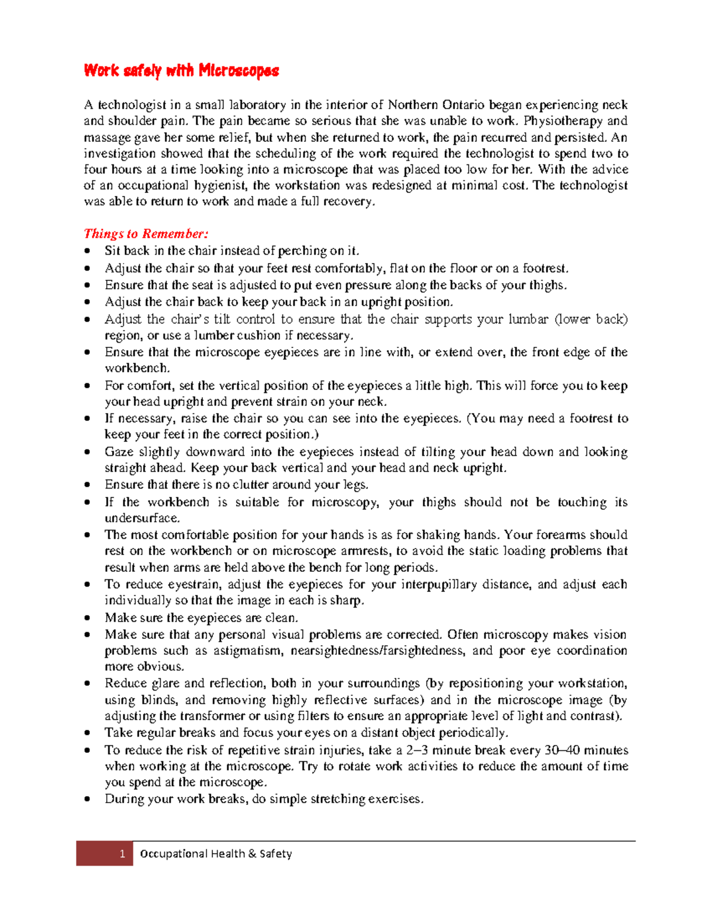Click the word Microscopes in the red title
click(x=239, y=71)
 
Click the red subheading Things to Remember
click(x=146, y=233)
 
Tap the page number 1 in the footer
click(x=122, y=854)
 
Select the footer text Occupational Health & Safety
click(x=216, y=854)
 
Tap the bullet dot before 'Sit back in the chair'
click(x=88, y=251)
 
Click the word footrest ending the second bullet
click(x=544, y=268)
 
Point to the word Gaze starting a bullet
click(x=119, y=452)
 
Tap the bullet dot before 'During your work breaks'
click(x=88, y=799)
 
